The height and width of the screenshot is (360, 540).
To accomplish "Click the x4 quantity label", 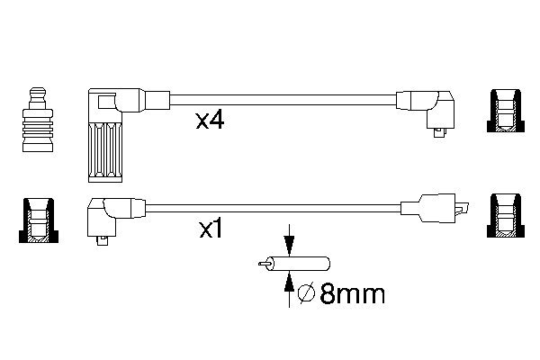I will pyautogui.click(x=210, y=121).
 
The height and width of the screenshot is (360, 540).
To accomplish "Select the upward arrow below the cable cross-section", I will pyautogui.click(x=288, y=285).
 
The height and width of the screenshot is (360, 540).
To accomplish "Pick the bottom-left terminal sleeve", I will pyautogui.click(x=36, y=221).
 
